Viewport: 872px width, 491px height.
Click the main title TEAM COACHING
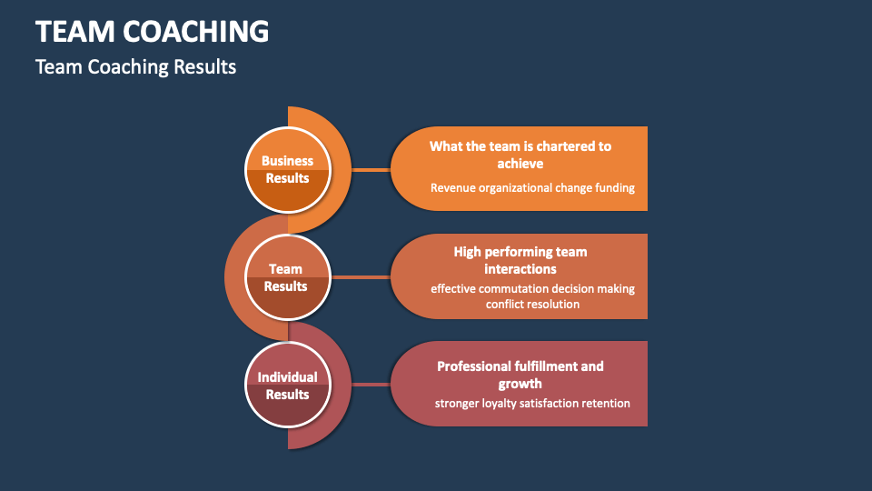click(152, 32)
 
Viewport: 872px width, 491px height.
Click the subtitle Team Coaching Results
click(135, 67)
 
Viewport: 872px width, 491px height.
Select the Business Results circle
click(287, 169)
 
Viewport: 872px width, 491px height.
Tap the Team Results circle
click(287, 277)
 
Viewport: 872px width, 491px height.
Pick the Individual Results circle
click(287, 385)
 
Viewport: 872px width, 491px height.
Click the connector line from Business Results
click(371, 169)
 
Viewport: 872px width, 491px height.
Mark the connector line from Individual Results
click(371, 385)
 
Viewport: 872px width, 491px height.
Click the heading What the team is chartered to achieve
click(520, 155)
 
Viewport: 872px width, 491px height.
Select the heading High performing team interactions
click(520, 260)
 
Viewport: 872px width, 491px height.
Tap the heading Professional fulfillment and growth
click(520, 375)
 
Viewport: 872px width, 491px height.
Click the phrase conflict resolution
click(532, 305)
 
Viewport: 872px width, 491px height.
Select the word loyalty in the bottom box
click(502, 403)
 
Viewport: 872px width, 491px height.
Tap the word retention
click(605, 403)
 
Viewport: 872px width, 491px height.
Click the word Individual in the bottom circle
click(287, 376)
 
